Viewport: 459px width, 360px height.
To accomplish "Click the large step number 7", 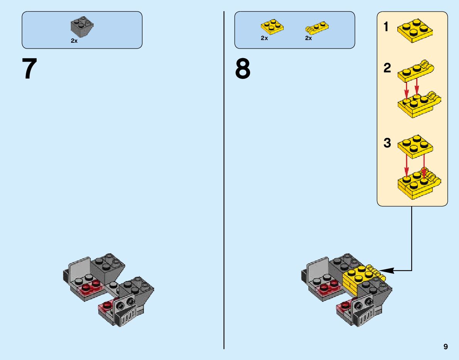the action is coord(29,69).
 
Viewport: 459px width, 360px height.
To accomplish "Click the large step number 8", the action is coord(242,69).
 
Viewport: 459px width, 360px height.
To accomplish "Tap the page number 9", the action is coord(446,347).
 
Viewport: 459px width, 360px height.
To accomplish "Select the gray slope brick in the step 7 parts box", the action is coord(82,26).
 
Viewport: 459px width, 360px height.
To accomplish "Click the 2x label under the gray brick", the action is coord(74,41).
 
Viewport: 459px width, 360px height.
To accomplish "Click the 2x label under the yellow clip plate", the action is coord(308,38).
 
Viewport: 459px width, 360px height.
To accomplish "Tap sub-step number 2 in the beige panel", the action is coord(387,68).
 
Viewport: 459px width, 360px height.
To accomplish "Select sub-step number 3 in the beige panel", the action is coord(387,143).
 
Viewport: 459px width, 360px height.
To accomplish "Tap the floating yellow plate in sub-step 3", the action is coord(415,146).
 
